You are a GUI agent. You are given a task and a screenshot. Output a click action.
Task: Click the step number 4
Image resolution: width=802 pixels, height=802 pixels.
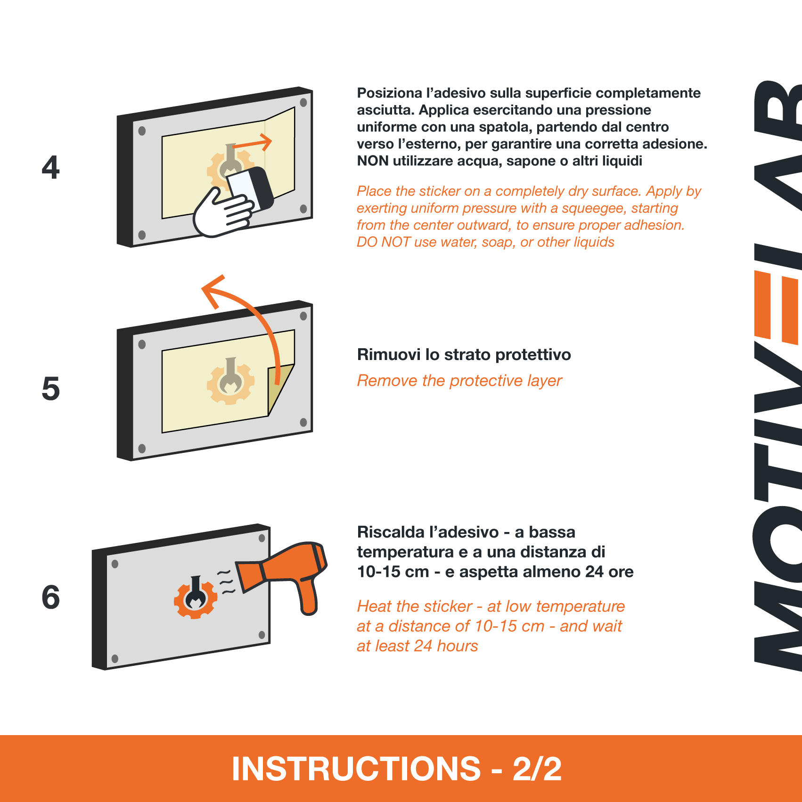51,167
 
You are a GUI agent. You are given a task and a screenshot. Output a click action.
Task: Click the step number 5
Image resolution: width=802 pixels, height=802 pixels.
51,389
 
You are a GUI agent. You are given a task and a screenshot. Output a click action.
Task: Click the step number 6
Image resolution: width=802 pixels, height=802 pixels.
51,597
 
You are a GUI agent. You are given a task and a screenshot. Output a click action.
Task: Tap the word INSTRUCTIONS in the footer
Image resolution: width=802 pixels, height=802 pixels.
356,769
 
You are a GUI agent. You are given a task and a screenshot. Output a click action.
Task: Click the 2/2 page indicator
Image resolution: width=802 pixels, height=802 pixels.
537,769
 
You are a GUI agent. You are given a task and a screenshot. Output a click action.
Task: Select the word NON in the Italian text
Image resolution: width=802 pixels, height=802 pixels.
373,161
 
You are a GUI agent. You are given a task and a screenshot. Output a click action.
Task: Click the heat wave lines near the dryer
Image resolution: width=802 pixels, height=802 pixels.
227,582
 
